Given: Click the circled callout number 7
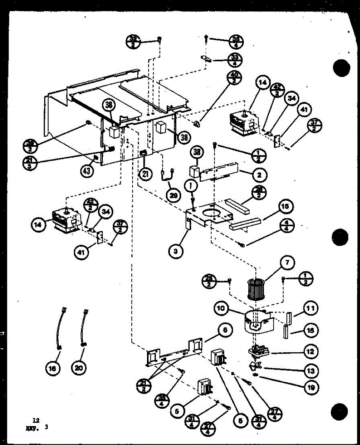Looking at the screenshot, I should point(288,263).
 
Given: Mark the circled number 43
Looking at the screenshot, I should point(86,171).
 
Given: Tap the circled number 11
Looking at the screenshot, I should point(310,308).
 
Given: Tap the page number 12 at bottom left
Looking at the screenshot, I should point(36,421).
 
